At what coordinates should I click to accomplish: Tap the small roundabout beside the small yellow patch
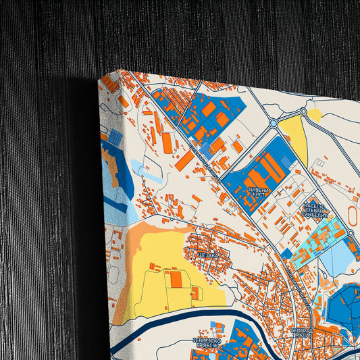(303, 111)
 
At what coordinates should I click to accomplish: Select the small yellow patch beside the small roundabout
(315, 115)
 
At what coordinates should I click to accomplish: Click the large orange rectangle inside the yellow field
(176, 278)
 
